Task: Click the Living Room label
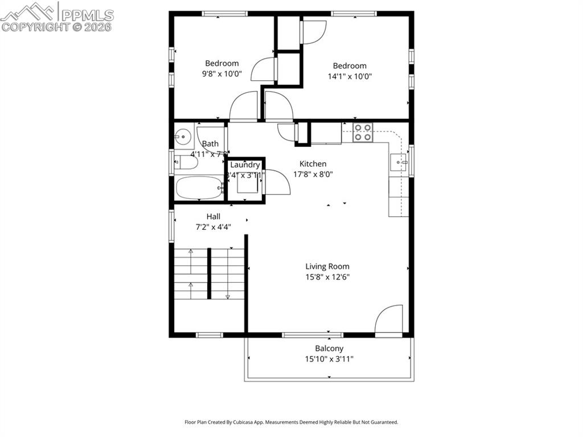point(327,266)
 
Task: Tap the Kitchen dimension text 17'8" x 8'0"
point(313,175)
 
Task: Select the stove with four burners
point(363,132)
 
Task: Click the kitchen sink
point(399,162)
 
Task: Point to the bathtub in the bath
point(199,188)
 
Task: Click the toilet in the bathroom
point(186,163)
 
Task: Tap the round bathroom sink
point(183,137)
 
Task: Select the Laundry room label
point(245,165)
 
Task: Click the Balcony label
point(329,348)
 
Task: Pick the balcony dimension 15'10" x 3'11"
point(329,358)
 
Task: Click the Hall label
point(214,216)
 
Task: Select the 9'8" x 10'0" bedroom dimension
point(222,74)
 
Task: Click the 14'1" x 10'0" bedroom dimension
point(350,76)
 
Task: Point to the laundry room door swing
point(278,182)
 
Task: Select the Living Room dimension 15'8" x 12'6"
point(327,277)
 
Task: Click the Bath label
point(210,144)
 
